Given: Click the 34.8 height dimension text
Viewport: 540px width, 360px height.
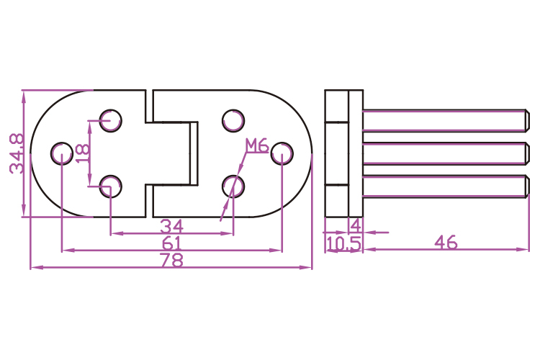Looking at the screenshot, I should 17,153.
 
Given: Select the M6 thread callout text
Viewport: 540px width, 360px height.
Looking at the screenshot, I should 256,146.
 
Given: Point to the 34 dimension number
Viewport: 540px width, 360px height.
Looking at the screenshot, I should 171,225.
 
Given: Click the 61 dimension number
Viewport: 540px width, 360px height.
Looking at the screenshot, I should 171,243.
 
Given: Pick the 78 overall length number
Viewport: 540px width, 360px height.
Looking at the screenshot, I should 171,261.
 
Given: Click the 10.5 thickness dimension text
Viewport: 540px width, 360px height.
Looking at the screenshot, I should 343,244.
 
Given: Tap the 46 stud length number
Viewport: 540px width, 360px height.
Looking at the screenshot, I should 446,243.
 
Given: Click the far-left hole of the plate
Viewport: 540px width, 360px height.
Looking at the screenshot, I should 62,153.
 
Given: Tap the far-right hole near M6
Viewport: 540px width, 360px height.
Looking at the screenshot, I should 282,153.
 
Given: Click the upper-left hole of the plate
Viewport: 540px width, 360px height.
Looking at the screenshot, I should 110,120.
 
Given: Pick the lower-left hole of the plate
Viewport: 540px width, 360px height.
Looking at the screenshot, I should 110,186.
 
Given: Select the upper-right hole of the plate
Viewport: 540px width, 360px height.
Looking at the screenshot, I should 233,120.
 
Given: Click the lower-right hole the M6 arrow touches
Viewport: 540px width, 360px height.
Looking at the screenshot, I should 233,186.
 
